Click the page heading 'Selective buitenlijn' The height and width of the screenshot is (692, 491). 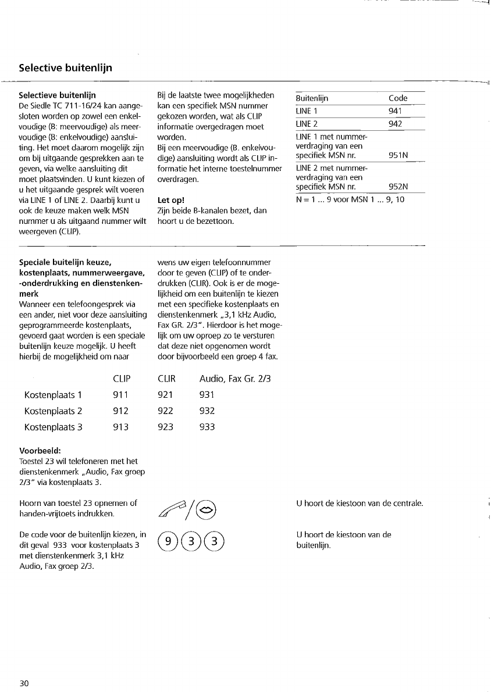(x=65, y=68)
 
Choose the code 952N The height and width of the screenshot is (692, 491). (x=398, y=187)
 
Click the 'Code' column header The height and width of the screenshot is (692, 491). (x=398, y=98)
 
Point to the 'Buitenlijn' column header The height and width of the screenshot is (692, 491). (x=312, y=98)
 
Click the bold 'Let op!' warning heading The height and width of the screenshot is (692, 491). (x=171, y=201)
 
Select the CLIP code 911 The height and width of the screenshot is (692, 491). (x=121, y=395)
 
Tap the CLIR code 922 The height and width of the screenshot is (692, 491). (x=166, y=411)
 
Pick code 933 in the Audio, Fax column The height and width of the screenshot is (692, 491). (x=207, y=427)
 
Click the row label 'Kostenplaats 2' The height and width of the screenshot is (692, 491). (x=54, y=411)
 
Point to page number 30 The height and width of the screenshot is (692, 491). (x=24, y=683)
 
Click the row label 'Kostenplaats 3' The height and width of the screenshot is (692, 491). (x=54, y=427)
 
